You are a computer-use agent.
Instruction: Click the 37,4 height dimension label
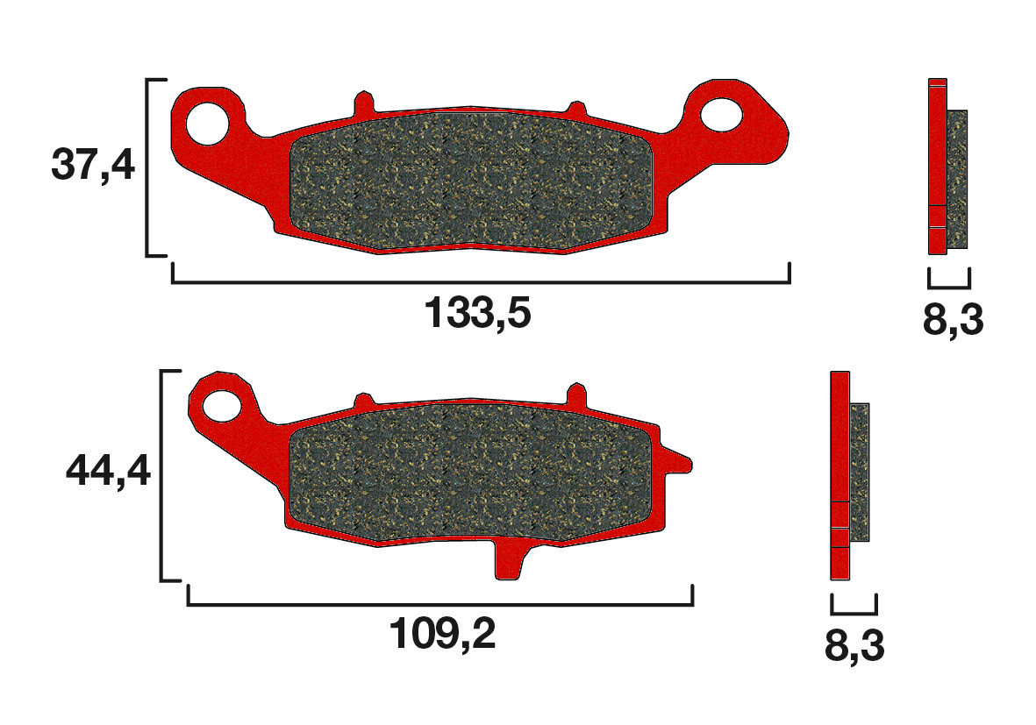[x=93, y=165]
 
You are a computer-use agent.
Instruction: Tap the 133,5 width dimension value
[x=478, y=313]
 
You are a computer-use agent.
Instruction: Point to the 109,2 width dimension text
[x=443, y=635]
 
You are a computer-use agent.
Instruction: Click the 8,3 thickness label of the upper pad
[x=953, y=322]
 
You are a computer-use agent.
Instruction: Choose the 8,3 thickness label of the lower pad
[x=854, y=647]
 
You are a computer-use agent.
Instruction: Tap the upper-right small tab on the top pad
[x=576, y=108]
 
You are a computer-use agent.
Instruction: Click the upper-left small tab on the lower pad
[x=361, y=401]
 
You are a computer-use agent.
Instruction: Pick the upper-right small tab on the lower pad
[x=576, y=394]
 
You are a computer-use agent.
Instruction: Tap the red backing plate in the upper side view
[x=937, y=158]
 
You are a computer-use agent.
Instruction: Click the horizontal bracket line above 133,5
[x=481, y=282]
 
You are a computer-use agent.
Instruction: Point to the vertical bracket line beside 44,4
[x=161, y=475]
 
